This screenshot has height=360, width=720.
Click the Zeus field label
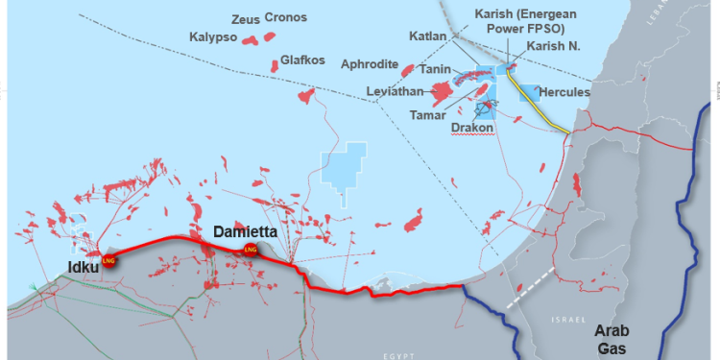(x=247, y=18)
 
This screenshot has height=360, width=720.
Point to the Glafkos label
(x=302, y=60)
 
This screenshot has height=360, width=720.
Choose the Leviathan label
(x=396, y=92)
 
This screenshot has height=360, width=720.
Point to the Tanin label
(x=438, y=71)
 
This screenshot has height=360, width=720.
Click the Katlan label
(x=427, y=36)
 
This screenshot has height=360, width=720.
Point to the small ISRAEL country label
(x=567, y=317)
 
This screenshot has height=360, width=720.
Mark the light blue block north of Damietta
(x=344, y=169)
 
